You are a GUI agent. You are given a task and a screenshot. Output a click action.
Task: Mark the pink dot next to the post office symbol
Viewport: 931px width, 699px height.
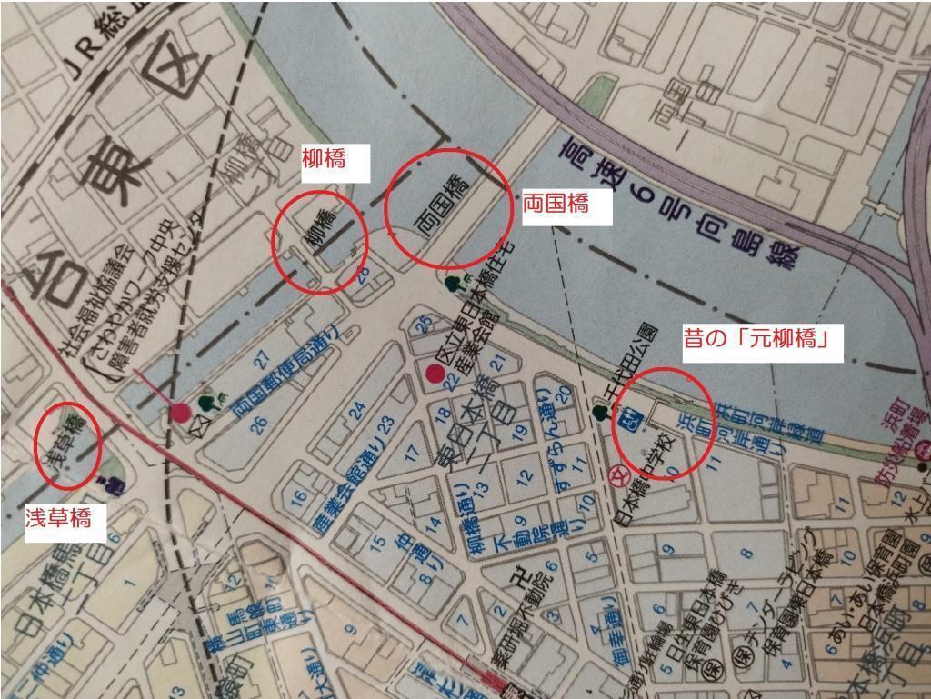pos(180,413)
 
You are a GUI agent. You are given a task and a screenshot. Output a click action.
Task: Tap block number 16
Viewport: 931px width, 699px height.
pos(298,496)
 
